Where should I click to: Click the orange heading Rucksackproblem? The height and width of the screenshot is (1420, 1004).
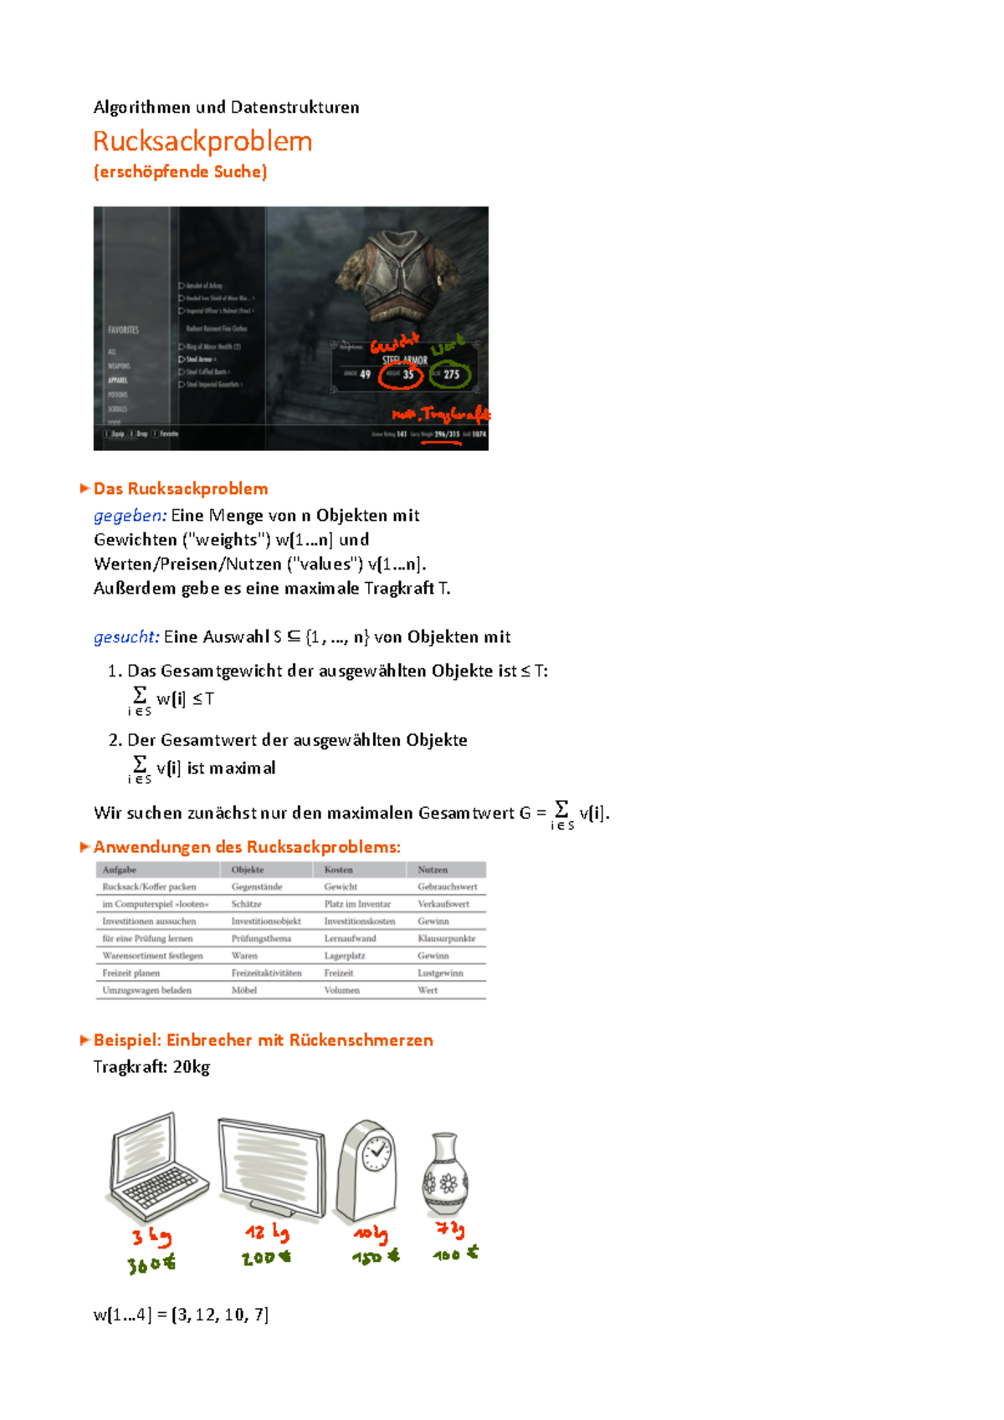click(x=202, y=141)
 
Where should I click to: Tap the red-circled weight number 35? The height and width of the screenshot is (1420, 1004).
click(x=407, y=375)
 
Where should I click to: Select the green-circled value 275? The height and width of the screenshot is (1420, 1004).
click(x=452, y=375)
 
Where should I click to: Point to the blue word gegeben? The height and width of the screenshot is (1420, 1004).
click(x=130, y=515)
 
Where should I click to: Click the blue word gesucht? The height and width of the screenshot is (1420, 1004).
click(x=126, y=637)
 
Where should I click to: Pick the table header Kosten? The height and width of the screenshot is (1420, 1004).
click(x=339, y=870)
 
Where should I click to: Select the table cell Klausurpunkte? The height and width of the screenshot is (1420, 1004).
click(x=447, y=938)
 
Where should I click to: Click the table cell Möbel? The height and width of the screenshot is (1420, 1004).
click(x=244, y=990)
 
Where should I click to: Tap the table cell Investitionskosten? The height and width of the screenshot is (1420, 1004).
click(x=360, y=921)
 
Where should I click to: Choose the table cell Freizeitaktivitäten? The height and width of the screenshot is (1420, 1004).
click(x=266, y=973)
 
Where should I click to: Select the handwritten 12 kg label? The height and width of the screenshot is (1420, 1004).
click(x=267, y=1233)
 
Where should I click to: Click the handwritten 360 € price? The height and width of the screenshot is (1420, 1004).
click(x=151, y=1264)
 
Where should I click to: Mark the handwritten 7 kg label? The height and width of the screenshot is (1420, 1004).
click(x=450, y=1228)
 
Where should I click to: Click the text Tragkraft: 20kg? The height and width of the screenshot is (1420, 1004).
click(x=151, y=1067)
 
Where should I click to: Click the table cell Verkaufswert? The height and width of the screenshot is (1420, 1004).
click(x=443, y=904)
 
